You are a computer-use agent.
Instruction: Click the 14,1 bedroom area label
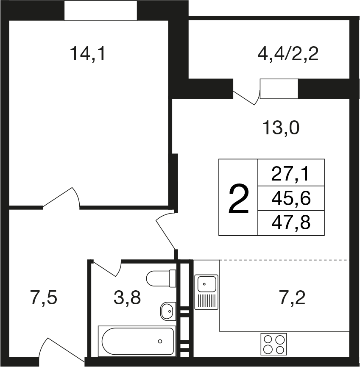(88, 54)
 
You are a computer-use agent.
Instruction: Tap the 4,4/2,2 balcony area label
(288, 54)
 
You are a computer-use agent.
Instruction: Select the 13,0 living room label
(281, 128)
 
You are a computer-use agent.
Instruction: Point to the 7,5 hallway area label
(44, 298)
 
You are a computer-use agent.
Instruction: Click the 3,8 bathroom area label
(127, 298)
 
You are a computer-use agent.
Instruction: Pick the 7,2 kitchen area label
(293, 298)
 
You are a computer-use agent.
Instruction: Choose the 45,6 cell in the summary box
(291, 198)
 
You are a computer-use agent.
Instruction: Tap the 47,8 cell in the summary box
(291, 222)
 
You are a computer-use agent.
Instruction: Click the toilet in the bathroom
(161, 278)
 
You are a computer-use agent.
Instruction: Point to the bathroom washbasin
(168, 311)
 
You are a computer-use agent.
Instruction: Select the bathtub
(137, 341)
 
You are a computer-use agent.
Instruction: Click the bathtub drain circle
(160, 341)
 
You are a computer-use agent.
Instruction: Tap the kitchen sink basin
(207, 284)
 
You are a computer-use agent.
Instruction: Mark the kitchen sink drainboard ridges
(207, 301)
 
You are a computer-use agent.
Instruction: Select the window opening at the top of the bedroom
(101, 10)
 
